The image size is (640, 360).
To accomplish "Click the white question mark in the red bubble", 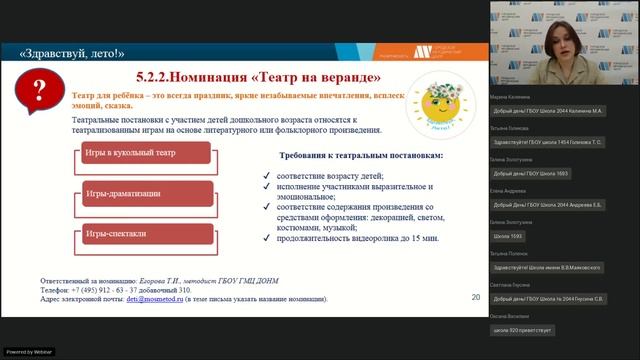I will point(41,93).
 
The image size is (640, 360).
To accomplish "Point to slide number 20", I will point(475,297).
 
